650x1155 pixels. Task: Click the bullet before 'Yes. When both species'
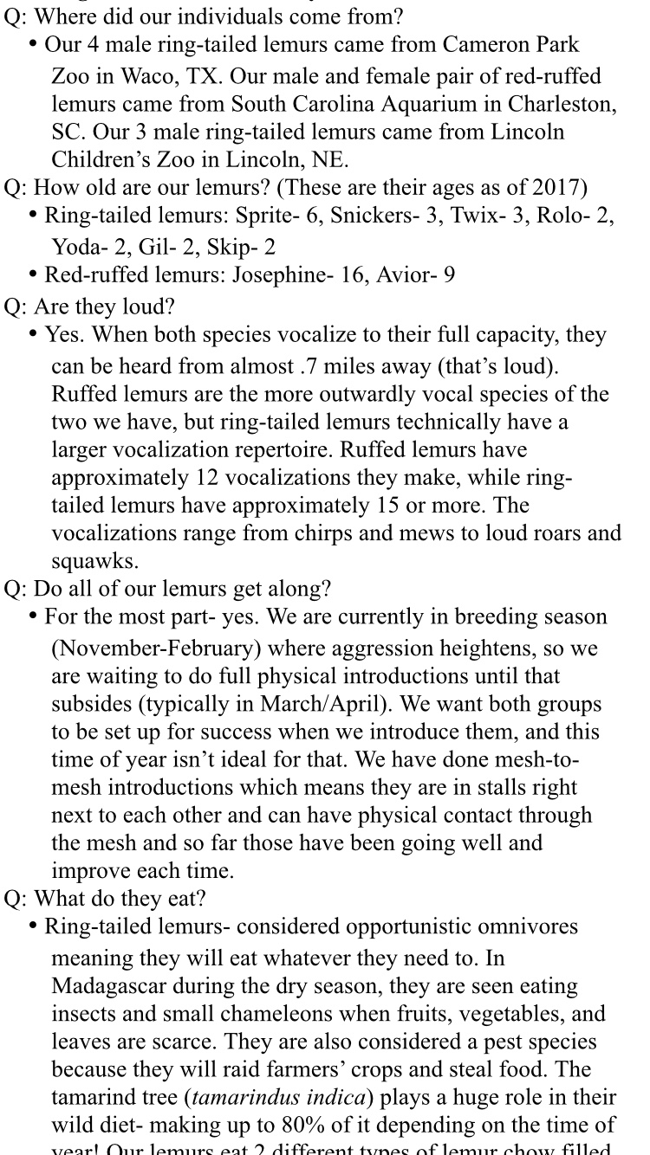[34, 335]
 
